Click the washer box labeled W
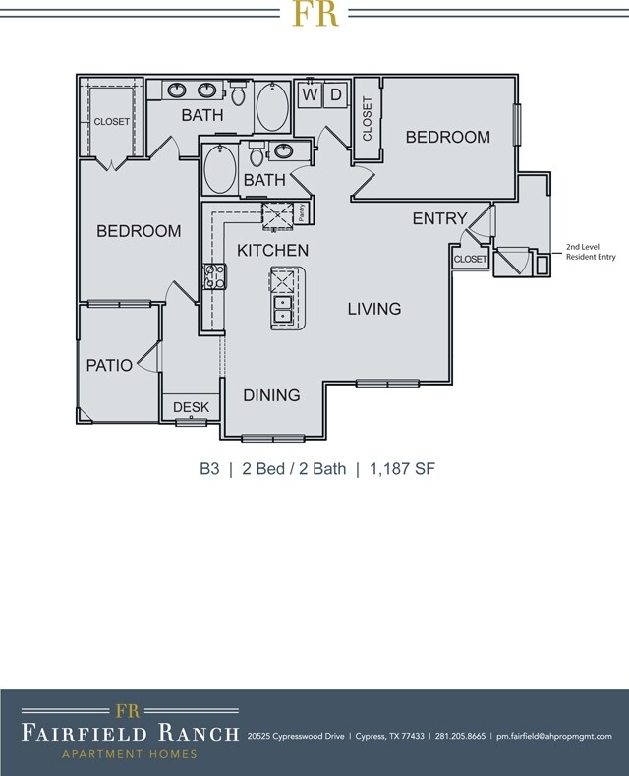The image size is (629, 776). click(x=310, y=94)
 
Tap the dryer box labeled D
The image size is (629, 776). click(x=335, y=94)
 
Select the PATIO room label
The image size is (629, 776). click(x=109, y=365)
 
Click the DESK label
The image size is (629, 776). click(x=191, y=407)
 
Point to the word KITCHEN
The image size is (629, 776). click(x=273, y=251)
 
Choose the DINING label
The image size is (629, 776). click(x=271, y=395)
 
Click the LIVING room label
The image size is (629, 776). click(x=374, y=309)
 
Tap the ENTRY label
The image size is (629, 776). click(x=439, y=218)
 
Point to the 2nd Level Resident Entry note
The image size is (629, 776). click(x=590, y=253)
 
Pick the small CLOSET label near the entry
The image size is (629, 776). click(x=470, y=260)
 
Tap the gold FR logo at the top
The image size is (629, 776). click(x=314, y=14)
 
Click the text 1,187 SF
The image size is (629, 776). click(x=402, y=469)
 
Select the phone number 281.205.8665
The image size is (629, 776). click(x=460, y=736)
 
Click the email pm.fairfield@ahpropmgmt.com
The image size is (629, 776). click(x=554, y=736)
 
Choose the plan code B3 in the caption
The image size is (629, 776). click(x=208, y=469)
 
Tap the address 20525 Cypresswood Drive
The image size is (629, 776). click(x=296, y=736)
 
